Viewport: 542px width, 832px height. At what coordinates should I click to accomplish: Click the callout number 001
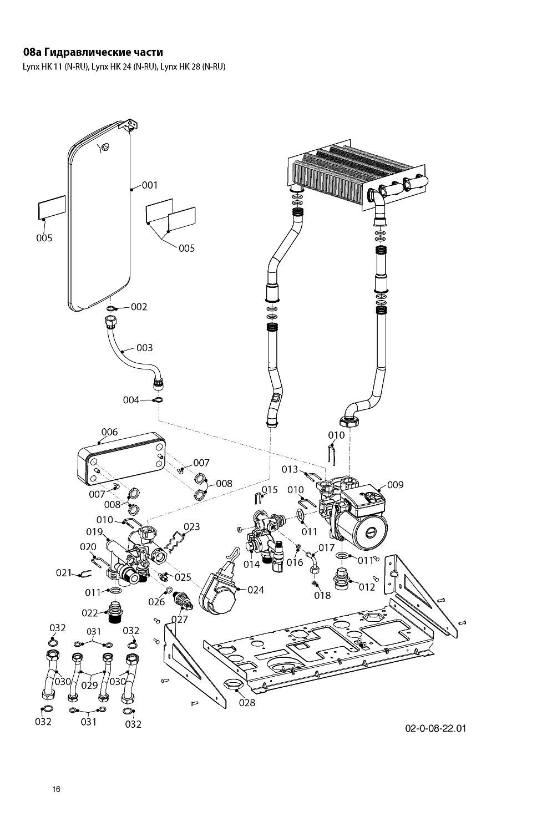point(150,185)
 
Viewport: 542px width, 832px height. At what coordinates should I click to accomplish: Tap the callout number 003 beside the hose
point(144,348)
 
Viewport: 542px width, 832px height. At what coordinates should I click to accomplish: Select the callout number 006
point(109,432)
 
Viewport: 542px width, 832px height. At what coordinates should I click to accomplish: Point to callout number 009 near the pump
point(395,485)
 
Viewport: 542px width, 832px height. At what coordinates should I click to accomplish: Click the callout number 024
point(255,590)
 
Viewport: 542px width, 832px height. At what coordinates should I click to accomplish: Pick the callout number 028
point(247,703)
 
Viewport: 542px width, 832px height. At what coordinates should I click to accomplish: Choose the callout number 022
point(90,613)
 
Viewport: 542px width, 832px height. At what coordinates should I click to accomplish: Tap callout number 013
point(290,469)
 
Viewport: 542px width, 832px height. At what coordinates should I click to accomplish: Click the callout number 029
point(89,685)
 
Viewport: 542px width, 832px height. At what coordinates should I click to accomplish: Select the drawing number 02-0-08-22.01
point(436,728)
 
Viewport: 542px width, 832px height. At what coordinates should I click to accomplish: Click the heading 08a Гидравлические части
point(93,53)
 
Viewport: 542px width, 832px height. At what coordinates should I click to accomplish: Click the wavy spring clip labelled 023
point(178,540)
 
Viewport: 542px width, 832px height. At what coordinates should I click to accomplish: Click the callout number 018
point(322,595)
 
